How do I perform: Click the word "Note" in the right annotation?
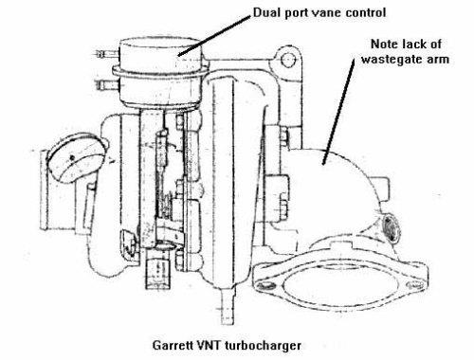pos(385,44)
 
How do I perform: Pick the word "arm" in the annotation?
pos(438,60)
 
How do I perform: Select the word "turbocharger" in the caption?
pos(264,345)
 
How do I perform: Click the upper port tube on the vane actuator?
pos(107,54)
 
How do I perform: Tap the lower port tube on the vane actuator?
pos(108,84)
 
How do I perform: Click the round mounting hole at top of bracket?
pos(288,60)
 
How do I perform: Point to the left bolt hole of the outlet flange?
pos(264,286)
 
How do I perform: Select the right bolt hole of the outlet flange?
pos(414,285)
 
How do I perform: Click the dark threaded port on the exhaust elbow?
pos(391,229)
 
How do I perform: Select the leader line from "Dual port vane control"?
pos(214,36)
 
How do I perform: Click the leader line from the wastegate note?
pos(337,111)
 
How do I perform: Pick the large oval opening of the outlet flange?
pos(339,285)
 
